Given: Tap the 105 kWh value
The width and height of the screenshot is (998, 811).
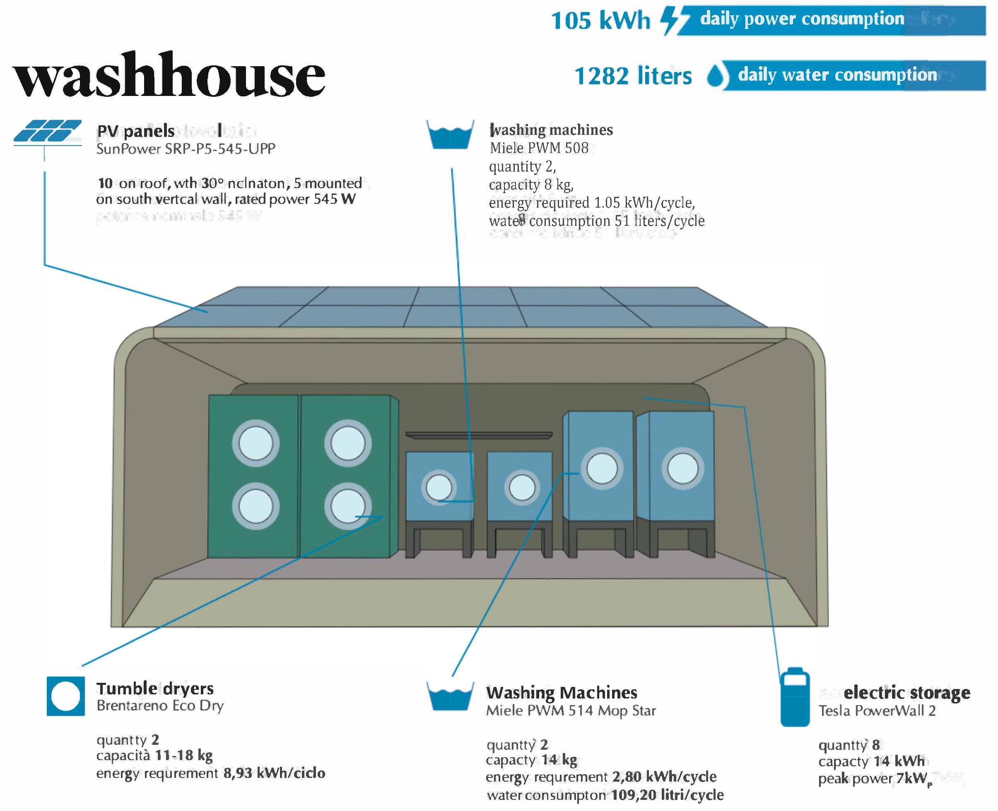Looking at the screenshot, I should [x=600, y=21].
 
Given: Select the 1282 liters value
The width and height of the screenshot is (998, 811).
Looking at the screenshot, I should [x=633, y=76].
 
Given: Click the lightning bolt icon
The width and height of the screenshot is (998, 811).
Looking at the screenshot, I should [x=672, y=21].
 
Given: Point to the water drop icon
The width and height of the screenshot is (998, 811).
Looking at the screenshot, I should [x=715, y=76].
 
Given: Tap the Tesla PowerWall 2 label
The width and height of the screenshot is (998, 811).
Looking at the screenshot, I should [x=877, y=711].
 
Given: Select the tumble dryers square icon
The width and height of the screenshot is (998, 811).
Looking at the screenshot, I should [x=65, y=696].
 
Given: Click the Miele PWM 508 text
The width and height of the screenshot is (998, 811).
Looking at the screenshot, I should [x=539, y=148].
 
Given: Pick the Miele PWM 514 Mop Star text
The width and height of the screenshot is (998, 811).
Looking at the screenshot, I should [x=571, y=711].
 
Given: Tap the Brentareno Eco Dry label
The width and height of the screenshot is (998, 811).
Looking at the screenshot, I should [x=160, y=706].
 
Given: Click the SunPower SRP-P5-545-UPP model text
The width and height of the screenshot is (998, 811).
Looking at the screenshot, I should [x=186, y=149].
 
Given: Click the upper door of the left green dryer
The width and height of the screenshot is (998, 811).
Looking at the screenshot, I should [x=256, y=443].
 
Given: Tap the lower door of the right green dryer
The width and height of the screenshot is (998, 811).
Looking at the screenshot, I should [x=348, y=506].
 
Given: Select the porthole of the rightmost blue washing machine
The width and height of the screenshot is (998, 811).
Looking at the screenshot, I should [x=683, y=469].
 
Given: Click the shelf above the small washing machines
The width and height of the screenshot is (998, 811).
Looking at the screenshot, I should [x=479, y=435].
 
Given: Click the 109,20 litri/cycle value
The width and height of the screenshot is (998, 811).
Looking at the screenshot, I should [x=668, y=795].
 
